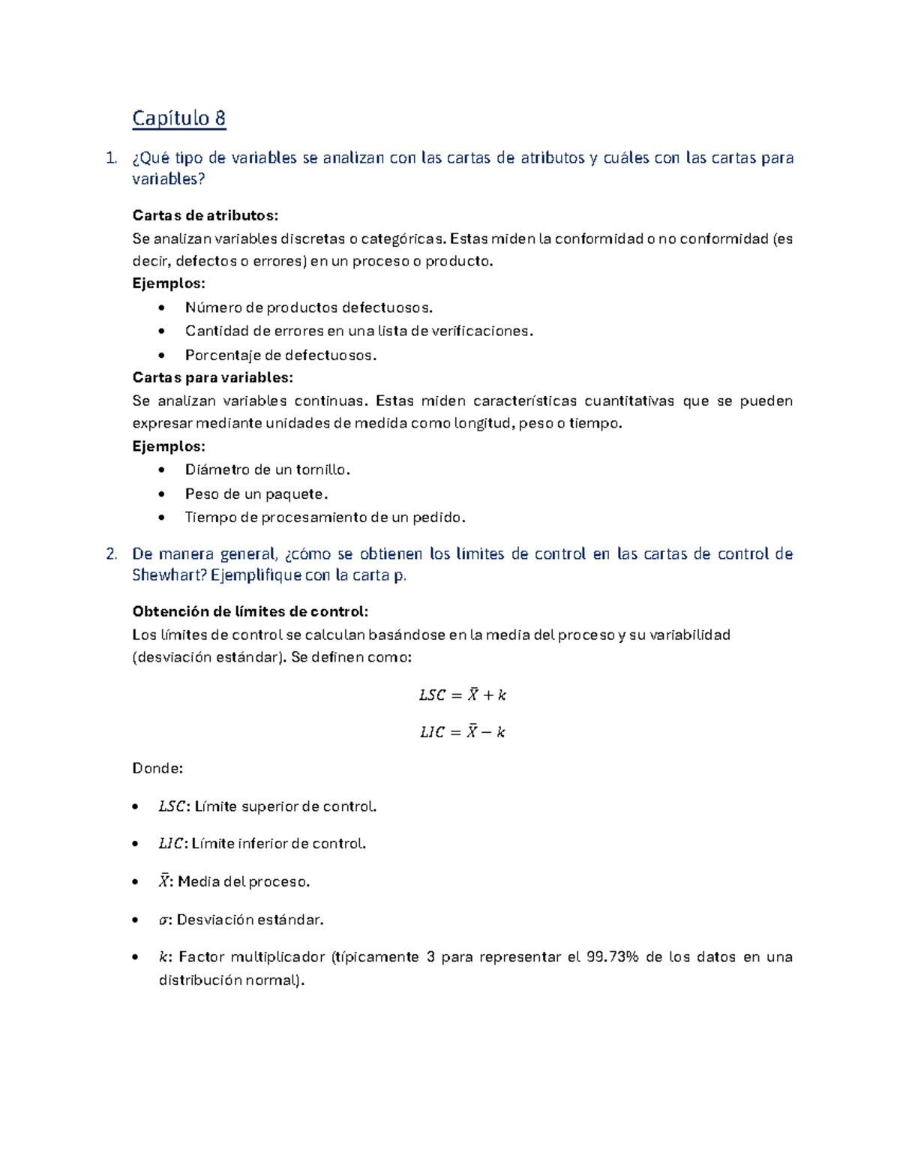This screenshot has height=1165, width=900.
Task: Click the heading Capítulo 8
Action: [x=178, y=119]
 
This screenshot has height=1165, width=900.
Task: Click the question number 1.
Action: [x=111, y=158]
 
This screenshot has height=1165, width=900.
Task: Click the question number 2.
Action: [x=111, y=554]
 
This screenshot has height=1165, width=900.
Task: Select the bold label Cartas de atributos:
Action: [x=205, y=215]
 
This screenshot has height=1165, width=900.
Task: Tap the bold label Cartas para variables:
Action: [x=212, y=377]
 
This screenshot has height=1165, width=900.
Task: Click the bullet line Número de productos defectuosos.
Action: [x=308, y=307]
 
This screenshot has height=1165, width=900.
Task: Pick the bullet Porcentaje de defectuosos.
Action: [x=280, y=355]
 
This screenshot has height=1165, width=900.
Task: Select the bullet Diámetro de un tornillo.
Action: [x=267, y=470]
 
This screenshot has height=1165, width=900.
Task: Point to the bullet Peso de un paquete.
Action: [x=256, y=494]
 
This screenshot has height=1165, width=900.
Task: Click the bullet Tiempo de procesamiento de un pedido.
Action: [x=325, y=517]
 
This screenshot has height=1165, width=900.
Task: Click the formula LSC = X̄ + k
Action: [x=462, y=695]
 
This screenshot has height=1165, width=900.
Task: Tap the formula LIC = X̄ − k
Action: [x=462, y=732]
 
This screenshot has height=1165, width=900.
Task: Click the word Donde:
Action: [x=157, y=768]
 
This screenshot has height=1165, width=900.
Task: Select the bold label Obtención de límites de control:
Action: [x=250, y=611]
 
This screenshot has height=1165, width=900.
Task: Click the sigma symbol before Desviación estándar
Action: [x=163, y=920]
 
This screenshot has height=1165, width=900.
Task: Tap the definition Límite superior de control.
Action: [x=285, y=806]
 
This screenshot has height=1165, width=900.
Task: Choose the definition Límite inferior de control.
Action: [x=278, y=843]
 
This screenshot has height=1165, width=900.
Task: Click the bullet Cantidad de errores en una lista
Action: [x=358, y=331]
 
